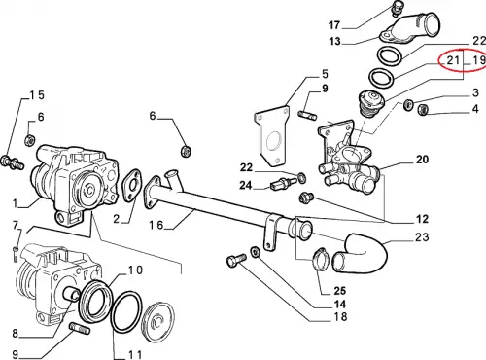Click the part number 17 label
[x=334, y=25]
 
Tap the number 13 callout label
[x=334, y=41]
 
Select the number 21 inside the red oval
[x=453, y=60]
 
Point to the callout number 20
[x=422, y=160]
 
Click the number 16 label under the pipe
[x=156, y=225]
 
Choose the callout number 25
[x=339, y=290]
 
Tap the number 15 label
[x=37, y=95]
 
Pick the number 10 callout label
[x=135, y=270]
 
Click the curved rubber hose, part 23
[x=372, y=256]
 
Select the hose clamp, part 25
[x=320, y=259]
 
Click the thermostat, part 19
[x=371, y=102]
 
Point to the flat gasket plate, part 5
[x=271, y=135]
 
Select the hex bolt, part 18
[x=236, y=260]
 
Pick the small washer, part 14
[x=255, y=251]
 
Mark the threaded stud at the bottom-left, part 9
[x=81, y=329]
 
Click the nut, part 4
[x=422, y=109]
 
